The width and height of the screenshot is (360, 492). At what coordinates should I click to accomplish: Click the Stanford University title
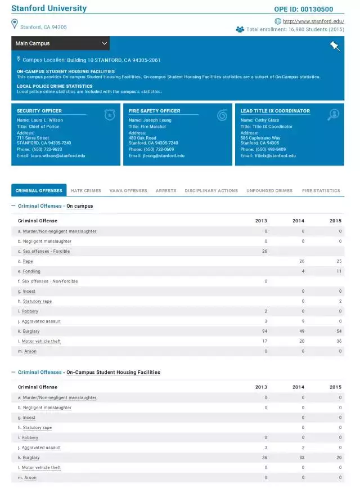click(x=49, y=8)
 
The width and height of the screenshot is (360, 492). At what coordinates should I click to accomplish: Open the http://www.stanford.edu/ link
click(x=313, y=21)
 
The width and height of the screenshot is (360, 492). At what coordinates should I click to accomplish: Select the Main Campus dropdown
click(x=60, y=43)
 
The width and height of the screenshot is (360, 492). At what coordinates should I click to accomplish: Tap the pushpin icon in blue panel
click(x=335, y=46)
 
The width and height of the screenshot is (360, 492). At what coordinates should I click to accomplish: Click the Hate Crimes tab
click(x=85, y=191)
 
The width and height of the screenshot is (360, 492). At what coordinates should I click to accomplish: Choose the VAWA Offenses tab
click(x=128, y=191)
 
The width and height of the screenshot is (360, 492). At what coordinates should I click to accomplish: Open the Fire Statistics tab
click(x=321, y=191)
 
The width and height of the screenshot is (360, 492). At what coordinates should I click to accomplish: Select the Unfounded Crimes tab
click(x=269, y=191)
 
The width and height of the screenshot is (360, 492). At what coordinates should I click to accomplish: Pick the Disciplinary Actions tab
click(x=211, y=191)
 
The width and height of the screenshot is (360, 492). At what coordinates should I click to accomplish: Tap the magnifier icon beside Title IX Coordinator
click(x=333, y=115)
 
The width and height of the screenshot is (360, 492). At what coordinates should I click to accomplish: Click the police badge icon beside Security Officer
click(x=109, y=115)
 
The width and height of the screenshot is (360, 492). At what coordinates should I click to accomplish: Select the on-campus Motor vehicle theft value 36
click(x=338, y=341)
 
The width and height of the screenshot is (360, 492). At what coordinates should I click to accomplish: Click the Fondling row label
click(x=31, y=271)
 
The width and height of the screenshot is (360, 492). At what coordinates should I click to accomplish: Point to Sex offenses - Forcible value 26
click(x=264, y=251)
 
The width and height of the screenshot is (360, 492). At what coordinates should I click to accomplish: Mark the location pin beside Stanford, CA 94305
click(x=15, y=24)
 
